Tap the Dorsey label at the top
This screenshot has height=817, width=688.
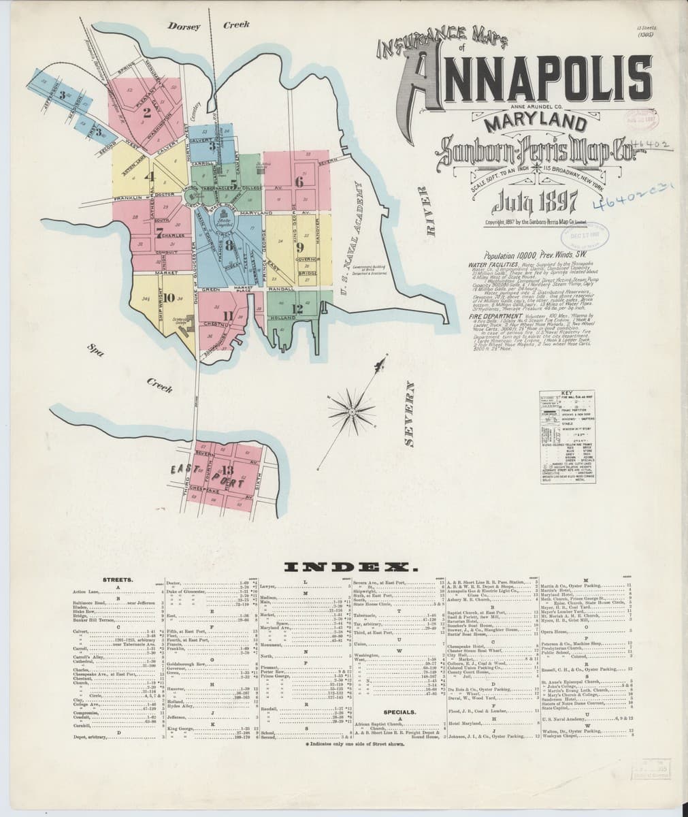click(x=184, y=27)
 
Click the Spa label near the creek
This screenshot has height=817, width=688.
click(x=93, y=351)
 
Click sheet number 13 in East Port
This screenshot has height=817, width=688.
click(x=227, y=470)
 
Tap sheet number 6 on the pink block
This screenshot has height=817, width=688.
click(x=298, y=182)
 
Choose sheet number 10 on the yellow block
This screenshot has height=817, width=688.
click(x=169, y=297)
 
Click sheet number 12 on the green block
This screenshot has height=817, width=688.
click(x=296, y=308)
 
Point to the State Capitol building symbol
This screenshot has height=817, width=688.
click(x=223, y=222)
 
